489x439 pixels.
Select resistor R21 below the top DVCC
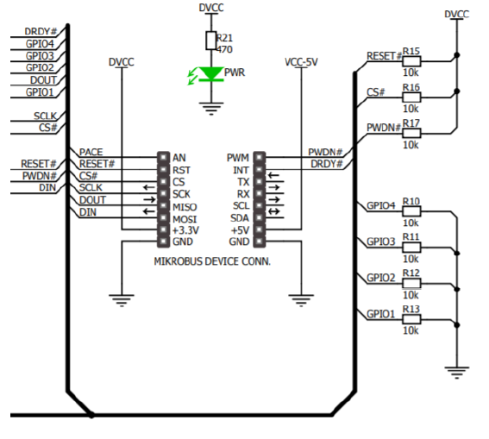(x=211, y=41)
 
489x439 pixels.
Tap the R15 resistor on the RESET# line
(x=411, y=61)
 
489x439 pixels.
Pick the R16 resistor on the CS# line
(x=411, y=97)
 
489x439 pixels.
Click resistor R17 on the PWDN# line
(x=411, y=134)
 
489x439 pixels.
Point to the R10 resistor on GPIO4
(x=411, y=211)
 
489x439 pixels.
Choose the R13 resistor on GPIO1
(x=411, y=319)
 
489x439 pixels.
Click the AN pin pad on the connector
(x=163, y=158)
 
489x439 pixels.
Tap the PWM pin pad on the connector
(x=259, y=158)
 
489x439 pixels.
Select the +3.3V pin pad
(x=163, y=229)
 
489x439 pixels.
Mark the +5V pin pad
(x=259, y=229)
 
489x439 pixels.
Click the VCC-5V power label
(x=301, y=62)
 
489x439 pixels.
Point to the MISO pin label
(x=185, y=207)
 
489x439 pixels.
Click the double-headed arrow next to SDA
(x=273, y=211)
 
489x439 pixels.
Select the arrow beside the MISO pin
(x=149, y=199)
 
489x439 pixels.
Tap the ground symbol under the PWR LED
(x=211, y=109)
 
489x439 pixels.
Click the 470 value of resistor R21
(x=224, y=49)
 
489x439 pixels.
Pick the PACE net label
(x=91, y=152)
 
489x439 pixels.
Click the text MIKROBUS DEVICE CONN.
(x=212, y=261)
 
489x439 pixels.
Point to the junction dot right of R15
(x=457, y=55)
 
